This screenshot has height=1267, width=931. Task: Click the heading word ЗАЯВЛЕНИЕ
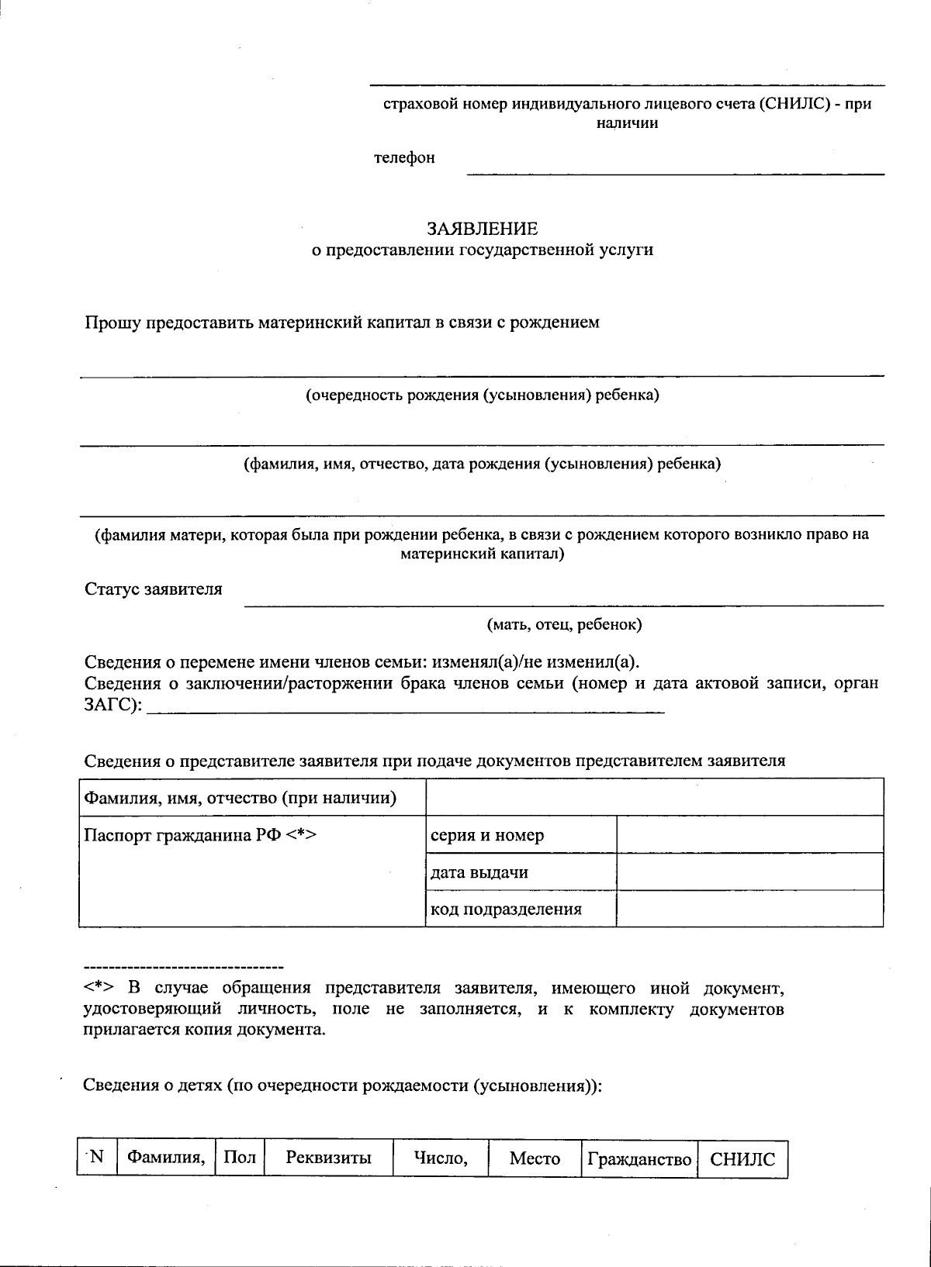point(482,229)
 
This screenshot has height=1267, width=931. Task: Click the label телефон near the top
point(404,157)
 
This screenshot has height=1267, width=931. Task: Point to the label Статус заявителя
point(154,589)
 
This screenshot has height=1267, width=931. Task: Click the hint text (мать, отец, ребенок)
point(564,624)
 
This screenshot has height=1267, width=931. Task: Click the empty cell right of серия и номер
point(749,835)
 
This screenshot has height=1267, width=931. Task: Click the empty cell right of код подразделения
point(749,909)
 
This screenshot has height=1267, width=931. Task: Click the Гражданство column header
point(639,1159)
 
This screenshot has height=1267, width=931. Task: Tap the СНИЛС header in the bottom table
point(742,1159)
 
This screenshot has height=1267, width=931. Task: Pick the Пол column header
point(240,1158)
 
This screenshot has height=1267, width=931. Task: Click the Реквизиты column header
point(329,1158)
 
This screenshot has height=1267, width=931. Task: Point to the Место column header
point(535,1158)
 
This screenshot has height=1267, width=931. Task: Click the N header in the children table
point(96,1158)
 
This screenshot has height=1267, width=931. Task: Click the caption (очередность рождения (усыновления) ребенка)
point(482,395)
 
